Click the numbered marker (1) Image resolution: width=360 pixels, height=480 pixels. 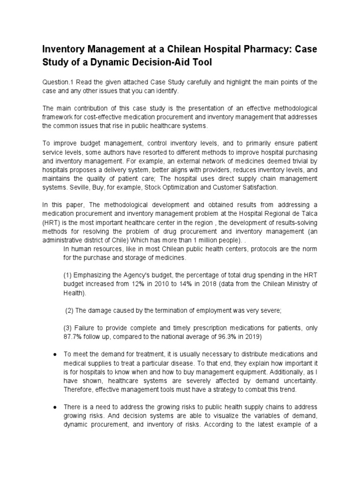(67, 275)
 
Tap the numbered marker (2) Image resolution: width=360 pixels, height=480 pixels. (69, 310)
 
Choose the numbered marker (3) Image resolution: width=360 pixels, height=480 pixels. (67, 328)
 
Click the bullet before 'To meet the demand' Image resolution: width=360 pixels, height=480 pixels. (55, 354)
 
